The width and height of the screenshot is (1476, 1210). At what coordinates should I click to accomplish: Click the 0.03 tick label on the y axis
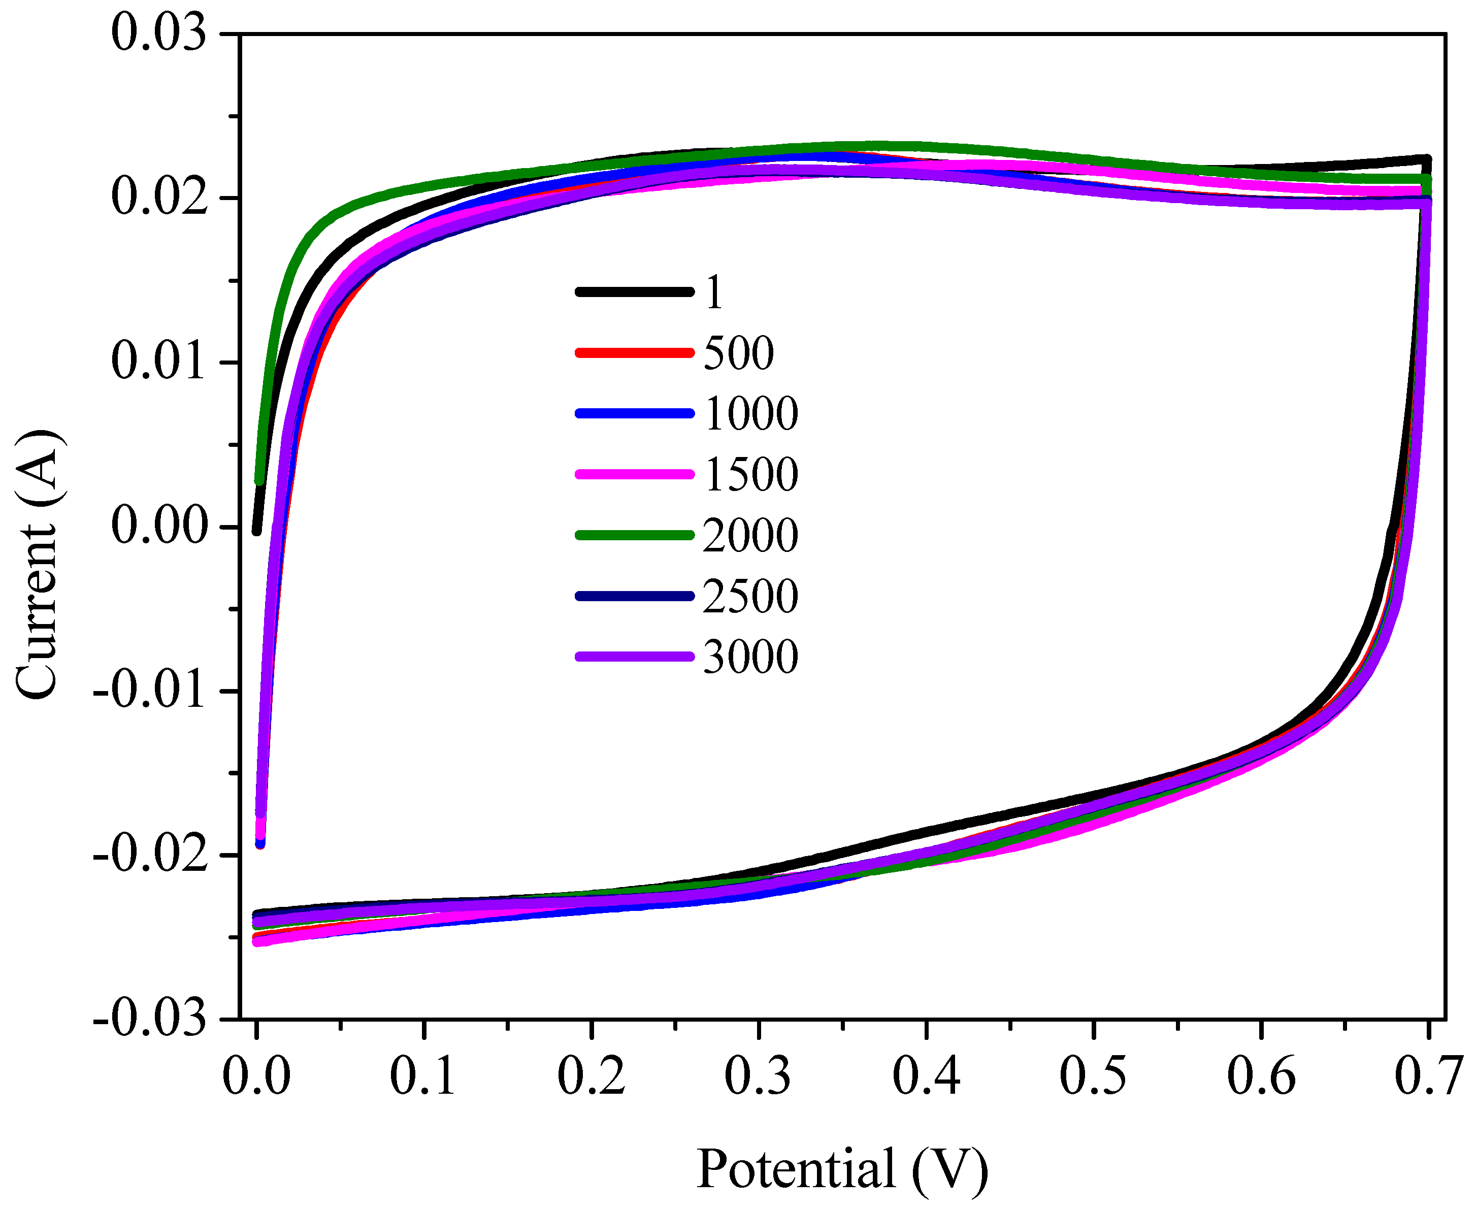(x=159, y=34)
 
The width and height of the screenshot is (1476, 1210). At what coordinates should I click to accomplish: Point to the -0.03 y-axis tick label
(x=150, y=1019)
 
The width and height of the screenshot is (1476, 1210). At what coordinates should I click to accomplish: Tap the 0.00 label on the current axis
(x=159, y=526)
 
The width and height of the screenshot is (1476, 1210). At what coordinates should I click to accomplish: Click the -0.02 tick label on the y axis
(x=150, y=855)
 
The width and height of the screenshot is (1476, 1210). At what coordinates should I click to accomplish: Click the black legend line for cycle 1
(x=634, y=292)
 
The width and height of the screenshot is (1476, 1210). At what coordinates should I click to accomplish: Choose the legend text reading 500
(x=739, y=353)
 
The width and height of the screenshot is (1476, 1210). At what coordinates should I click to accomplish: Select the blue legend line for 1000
(x=634, y=413)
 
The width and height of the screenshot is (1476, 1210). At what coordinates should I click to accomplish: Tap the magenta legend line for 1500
(x=634, y=474)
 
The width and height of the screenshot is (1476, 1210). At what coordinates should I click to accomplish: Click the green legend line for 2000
(x=634, y=535)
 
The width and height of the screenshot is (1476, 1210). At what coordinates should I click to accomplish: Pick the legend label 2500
(x=750, y=596)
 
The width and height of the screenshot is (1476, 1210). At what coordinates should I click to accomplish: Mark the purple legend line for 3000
(x=634, y=657)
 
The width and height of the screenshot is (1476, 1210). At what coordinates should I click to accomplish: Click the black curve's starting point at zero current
(x=256, y=531)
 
